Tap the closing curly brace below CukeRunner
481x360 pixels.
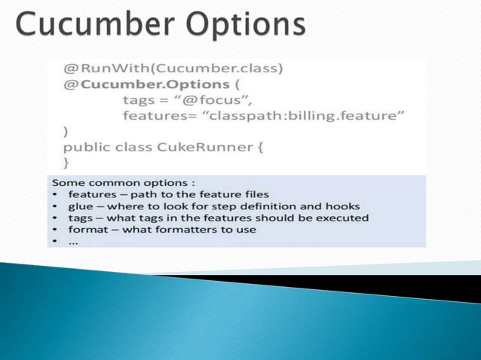pyautogui.click(x=66, y=161)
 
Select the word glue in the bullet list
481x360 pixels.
pyautogui.click(x=81, y=206)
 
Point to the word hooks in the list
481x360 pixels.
pyautogui.click(x=344, y=206)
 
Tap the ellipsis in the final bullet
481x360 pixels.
pyautogui.click(x=73, y=241)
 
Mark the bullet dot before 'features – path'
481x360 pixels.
pyautogui.click(x=57, y=195)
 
